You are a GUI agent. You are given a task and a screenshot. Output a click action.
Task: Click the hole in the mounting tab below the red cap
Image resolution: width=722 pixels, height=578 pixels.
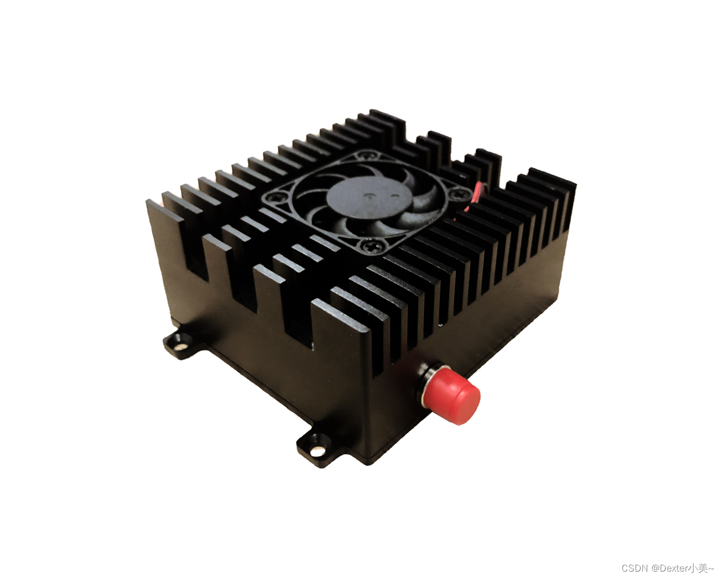(318, 450)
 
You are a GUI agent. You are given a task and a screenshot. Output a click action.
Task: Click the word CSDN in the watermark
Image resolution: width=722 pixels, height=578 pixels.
(634, 567)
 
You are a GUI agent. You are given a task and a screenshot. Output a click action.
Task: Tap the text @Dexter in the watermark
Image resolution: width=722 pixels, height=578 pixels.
(669, 567)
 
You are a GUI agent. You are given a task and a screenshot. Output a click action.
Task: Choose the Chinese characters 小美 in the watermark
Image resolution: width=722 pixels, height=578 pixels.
(697, 567)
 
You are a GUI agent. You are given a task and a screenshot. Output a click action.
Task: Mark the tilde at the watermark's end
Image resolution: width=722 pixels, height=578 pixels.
(711, 567)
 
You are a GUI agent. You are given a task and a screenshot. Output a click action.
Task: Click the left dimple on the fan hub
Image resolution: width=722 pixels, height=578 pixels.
(370, 195)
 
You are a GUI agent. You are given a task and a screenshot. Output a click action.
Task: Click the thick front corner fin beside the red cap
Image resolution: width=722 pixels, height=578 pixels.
(342, 326)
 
